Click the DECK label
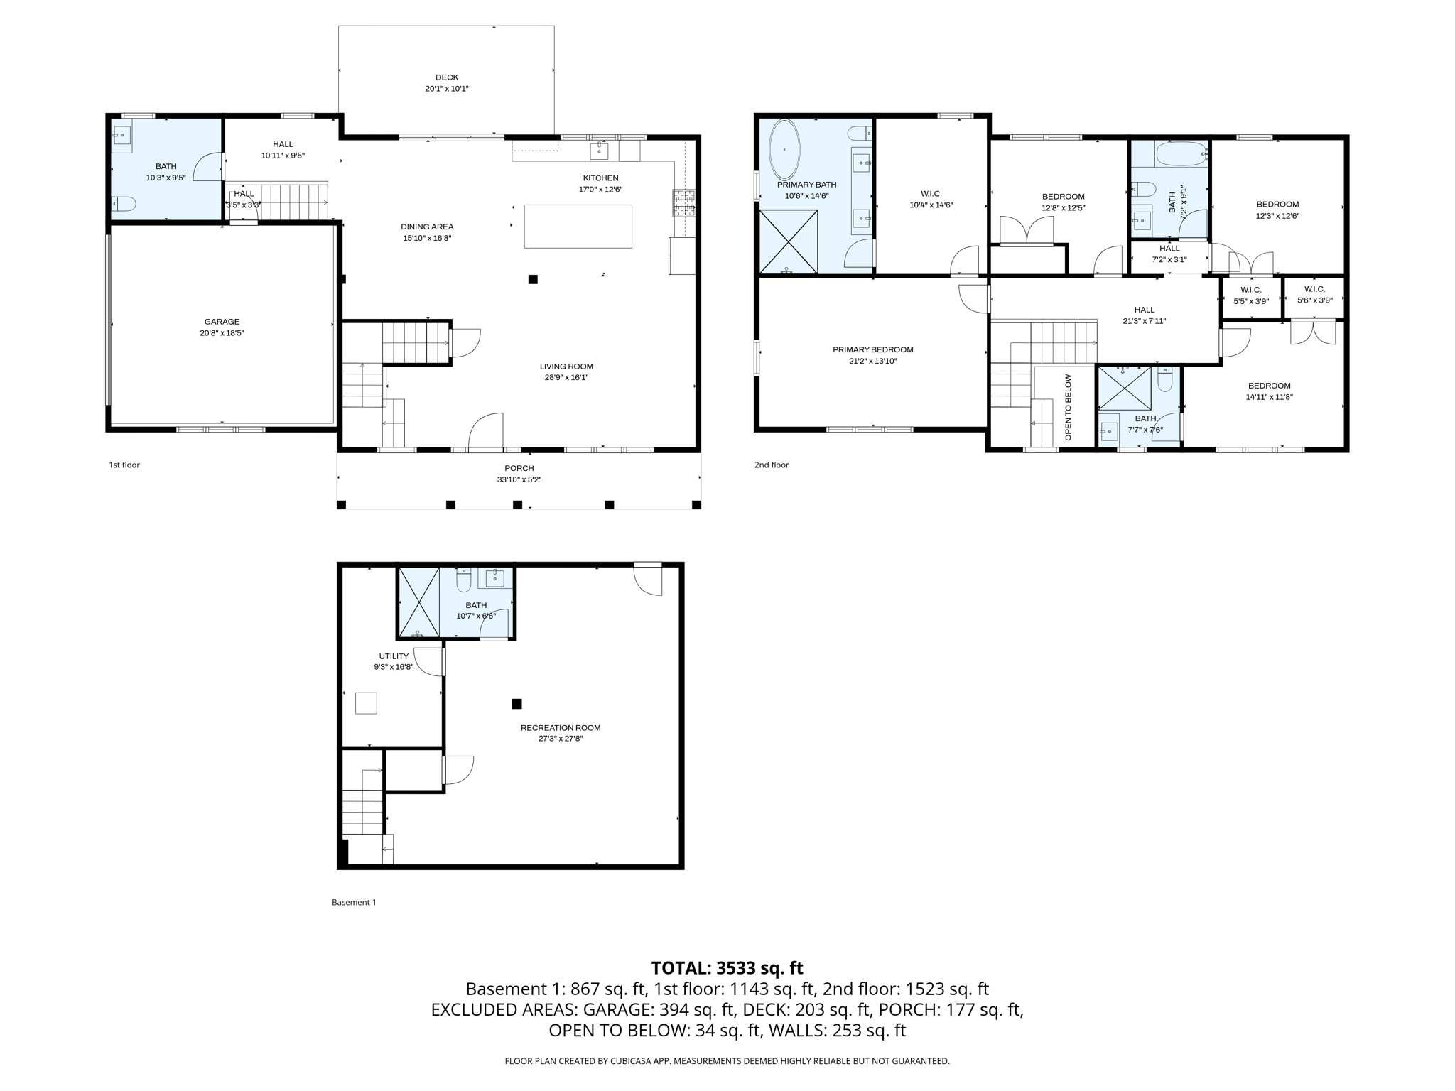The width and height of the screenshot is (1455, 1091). point(446,77)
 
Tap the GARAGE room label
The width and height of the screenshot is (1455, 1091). point(222,322)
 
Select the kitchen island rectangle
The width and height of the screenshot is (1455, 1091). point(578,226)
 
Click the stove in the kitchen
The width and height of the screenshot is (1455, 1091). point(684,202)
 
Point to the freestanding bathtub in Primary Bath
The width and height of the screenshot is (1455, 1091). point(784,150)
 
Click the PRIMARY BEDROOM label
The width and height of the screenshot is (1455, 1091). point(872,349)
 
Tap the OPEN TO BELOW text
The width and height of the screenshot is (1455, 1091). point(1068,407)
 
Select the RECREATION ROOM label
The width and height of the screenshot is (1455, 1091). point(560,727)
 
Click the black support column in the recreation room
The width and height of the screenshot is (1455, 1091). point(516,704)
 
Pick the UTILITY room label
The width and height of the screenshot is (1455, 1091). point(394,656)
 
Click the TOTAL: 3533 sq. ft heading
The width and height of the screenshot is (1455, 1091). point(727,967)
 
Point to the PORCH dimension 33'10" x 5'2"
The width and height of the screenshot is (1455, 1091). point(519,479)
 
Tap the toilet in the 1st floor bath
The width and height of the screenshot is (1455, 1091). point(124,204)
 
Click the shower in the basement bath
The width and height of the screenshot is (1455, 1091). point(418,602)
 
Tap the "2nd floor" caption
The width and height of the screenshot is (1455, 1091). point(772,465)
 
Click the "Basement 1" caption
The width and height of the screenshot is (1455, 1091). point(354,902)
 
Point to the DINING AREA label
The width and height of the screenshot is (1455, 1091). point(426,227)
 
